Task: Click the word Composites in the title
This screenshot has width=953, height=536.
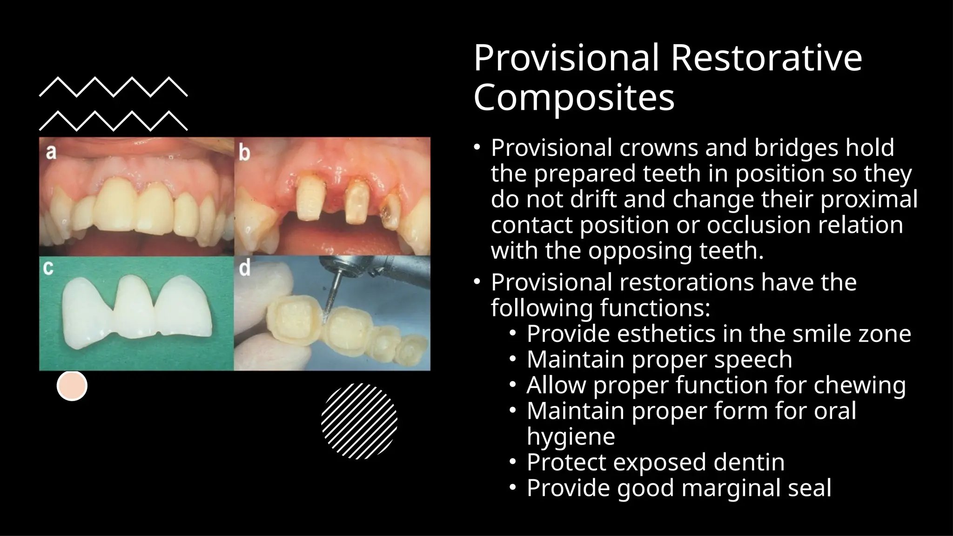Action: click(573, 98)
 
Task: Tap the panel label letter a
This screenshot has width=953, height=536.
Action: click(51, 152)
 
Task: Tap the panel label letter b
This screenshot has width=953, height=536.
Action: click(245, 152)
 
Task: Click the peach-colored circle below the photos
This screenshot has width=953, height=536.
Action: click(72, 386)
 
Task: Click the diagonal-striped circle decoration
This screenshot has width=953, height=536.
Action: click(359, 421)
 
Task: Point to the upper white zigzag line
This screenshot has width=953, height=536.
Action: click(113, 87)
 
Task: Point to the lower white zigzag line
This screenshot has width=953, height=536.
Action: click(113, 121)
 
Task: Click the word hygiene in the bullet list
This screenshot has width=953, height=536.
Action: click(570, 437)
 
